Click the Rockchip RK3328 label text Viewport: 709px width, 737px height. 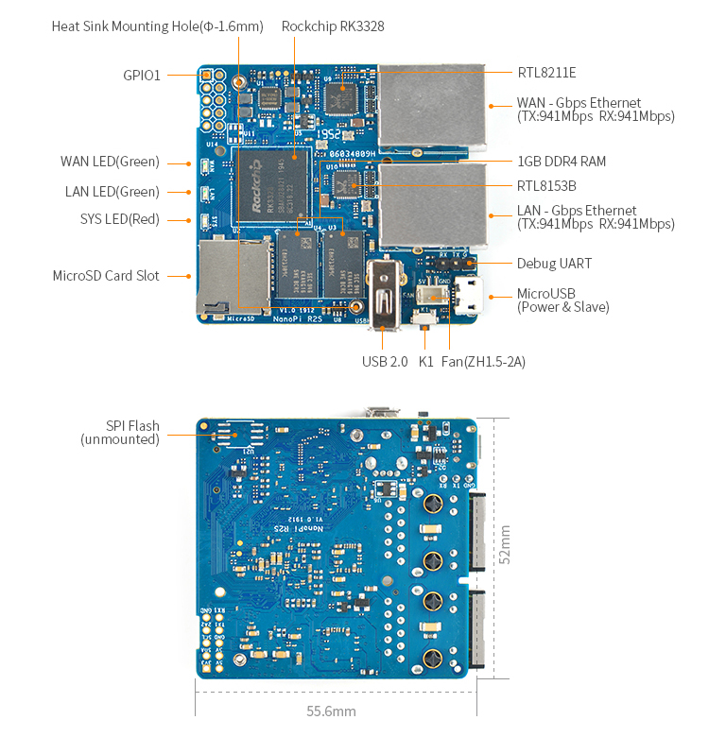click(x=333, y=26)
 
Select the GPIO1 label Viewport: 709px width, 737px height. click(x=142, y=76)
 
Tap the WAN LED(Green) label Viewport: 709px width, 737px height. click(x=110, y=163)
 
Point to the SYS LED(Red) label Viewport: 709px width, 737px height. click(x=119, y=220)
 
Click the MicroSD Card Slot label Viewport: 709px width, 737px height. click(x=106, y=276)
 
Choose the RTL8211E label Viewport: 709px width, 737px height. click(x=546, y=73)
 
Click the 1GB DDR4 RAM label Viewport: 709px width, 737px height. click(x=562, y=162)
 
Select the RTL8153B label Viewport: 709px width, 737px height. click(x=546, y=186)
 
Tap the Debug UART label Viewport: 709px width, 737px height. click(x=554, y=264)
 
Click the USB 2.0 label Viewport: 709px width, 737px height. click(x=386, y=361)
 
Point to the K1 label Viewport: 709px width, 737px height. click(x=425, y=361)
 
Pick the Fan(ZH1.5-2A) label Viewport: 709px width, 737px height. click(x=484, y=361)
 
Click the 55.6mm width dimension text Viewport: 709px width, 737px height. click(x=331, y=711)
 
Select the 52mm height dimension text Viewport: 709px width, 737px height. click(x=505, y=545)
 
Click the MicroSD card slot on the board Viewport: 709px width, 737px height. click(x=233, y=276)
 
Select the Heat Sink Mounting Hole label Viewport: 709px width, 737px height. click(x=157, y=26)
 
